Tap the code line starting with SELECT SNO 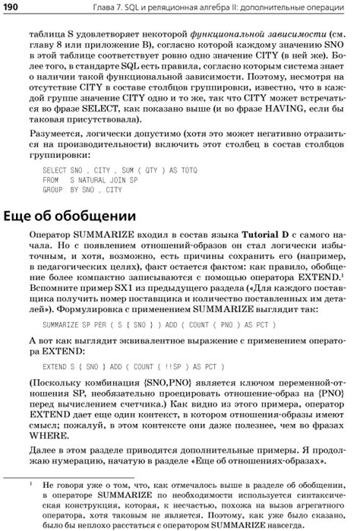click(99, 169)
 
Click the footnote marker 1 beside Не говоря click(28, 481)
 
